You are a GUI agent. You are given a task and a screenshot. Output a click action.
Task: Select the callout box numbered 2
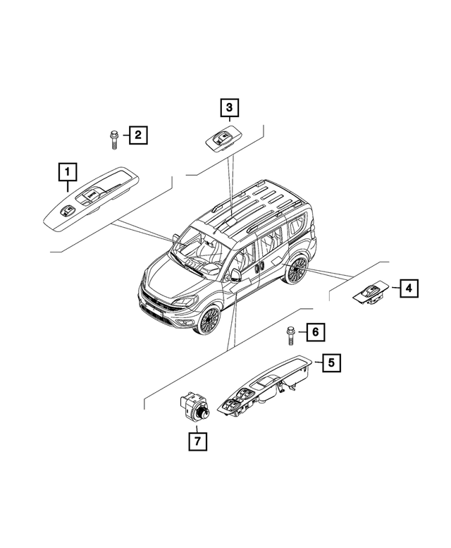click(x=137, y=134)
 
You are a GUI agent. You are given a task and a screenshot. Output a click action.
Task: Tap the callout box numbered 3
click(x=228, y=108)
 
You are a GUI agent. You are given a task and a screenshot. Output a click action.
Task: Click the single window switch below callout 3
click(x=221, y=139)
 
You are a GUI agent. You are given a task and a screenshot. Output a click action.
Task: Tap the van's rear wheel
click(x=297, y=270)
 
